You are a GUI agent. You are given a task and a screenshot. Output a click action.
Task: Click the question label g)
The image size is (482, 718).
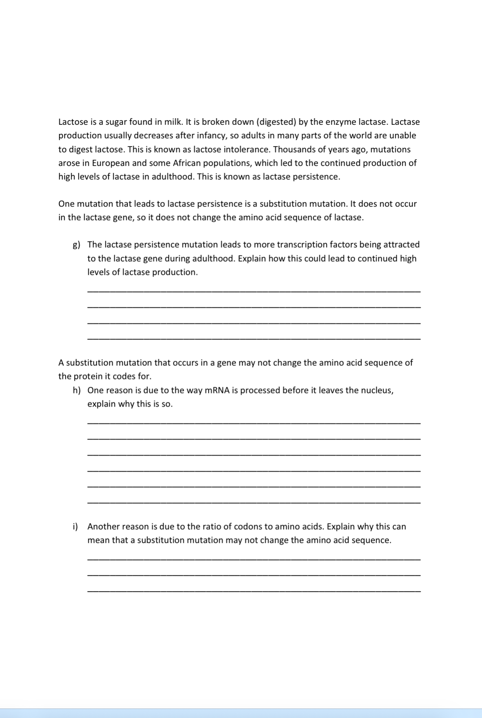click(x=76, y=245)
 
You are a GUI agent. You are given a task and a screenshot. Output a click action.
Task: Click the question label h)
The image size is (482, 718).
click(x=77, y=391)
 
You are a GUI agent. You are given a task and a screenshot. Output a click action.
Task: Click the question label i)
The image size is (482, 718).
click(x=75, y=526)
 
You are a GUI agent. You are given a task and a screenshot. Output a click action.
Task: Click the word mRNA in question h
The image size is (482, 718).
click(x=215, y=390)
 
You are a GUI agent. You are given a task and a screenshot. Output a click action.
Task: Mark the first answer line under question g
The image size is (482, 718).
click(x=254, y=291)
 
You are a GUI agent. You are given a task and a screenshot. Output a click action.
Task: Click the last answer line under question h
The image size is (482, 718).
click(x=254, y=502)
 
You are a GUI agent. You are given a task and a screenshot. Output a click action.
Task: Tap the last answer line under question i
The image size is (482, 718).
click(x=254, y=591)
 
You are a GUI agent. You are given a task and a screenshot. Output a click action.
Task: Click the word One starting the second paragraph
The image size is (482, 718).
click(x=66, y=204)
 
